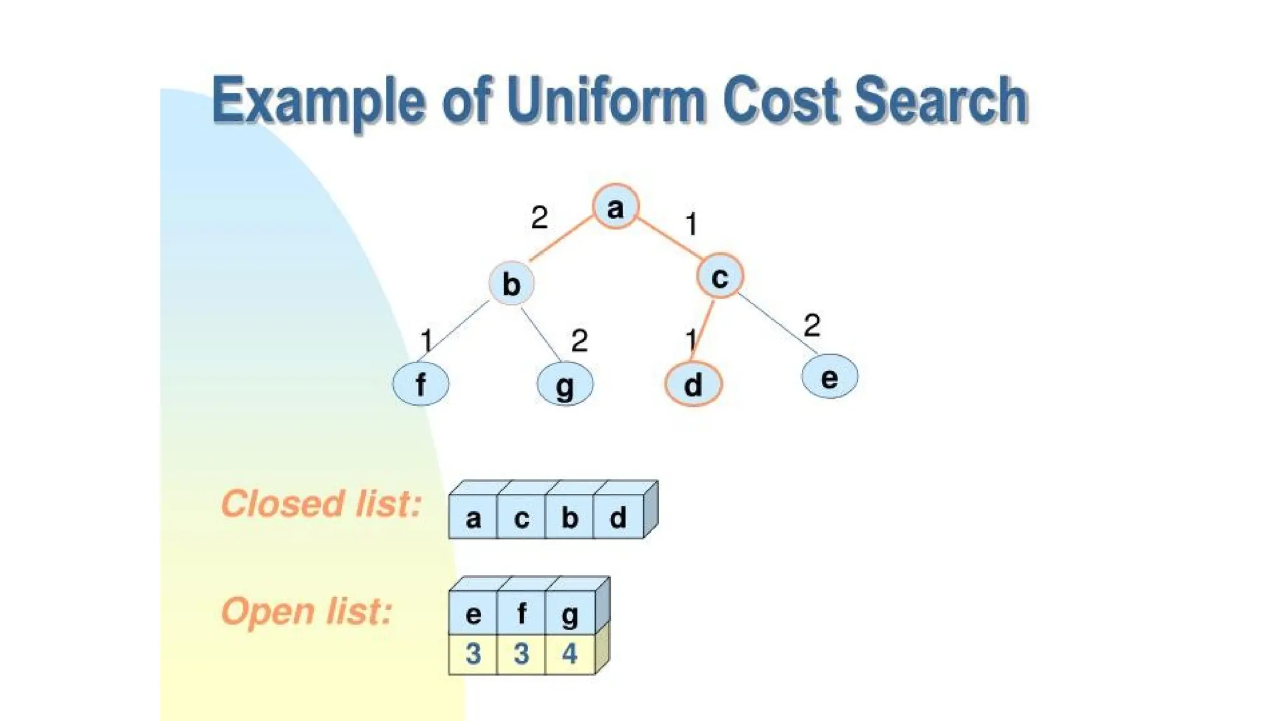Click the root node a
point(615,207)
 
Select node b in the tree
point(512,284)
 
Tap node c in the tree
point(720,276)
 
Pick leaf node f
point(420,384)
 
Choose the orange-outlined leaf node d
point(693,384)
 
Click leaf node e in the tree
point(829,377)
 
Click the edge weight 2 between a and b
point(539,218)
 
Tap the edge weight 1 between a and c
point(692,224)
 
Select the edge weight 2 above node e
point(811,325)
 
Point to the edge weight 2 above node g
point(579,341)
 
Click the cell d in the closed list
point(618,518)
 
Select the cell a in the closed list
point(473,518)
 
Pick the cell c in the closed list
point(521,518)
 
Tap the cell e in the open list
point(473,613)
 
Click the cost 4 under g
point(569,654)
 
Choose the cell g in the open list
point(569,613)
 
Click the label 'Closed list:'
point(321,504)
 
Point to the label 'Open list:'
point(306,611)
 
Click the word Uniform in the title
point(606,100)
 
